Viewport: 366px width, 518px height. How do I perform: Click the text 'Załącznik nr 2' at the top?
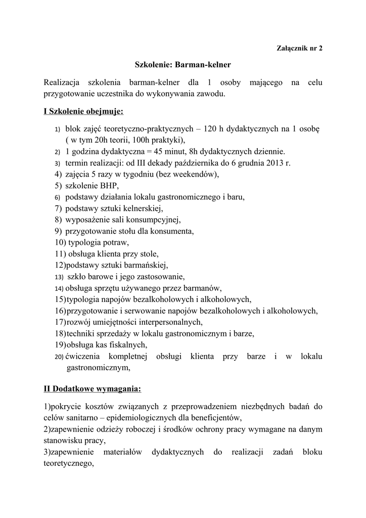click(299, 49)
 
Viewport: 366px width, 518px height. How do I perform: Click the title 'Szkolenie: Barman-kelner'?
click(182, 65)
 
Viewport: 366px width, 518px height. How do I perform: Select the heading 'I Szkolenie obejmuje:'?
click(83, 111)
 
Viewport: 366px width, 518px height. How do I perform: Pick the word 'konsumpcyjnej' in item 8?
click(154, 220)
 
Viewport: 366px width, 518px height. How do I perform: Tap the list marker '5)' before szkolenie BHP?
click(58, 186)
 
